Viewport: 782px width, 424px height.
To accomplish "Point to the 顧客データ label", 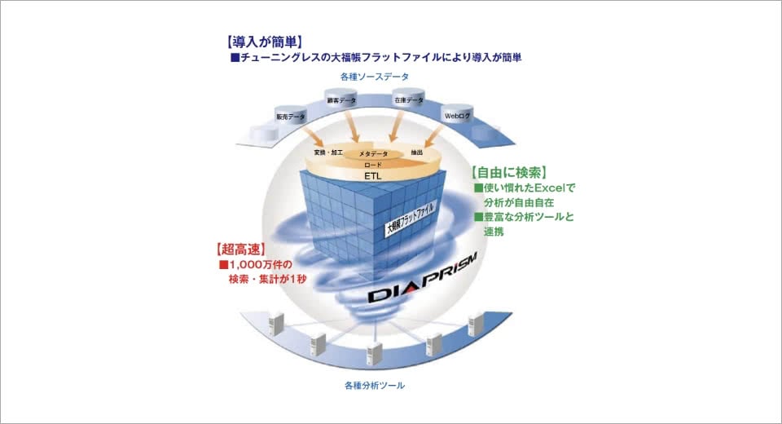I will click(x=343, y=100).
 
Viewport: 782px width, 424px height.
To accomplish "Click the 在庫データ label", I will click(x=408, y=100).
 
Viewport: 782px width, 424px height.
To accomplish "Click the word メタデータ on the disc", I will click(x=375, y=153).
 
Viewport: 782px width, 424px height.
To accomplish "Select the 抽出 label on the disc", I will click(x=416, y=152).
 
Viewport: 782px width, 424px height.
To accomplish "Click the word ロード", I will click(x=372, y=163).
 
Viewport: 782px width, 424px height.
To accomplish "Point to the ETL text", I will click(x=372, y=174).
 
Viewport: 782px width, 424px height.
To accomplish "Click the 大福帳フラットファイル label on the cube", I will click(x=412, y=219).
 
